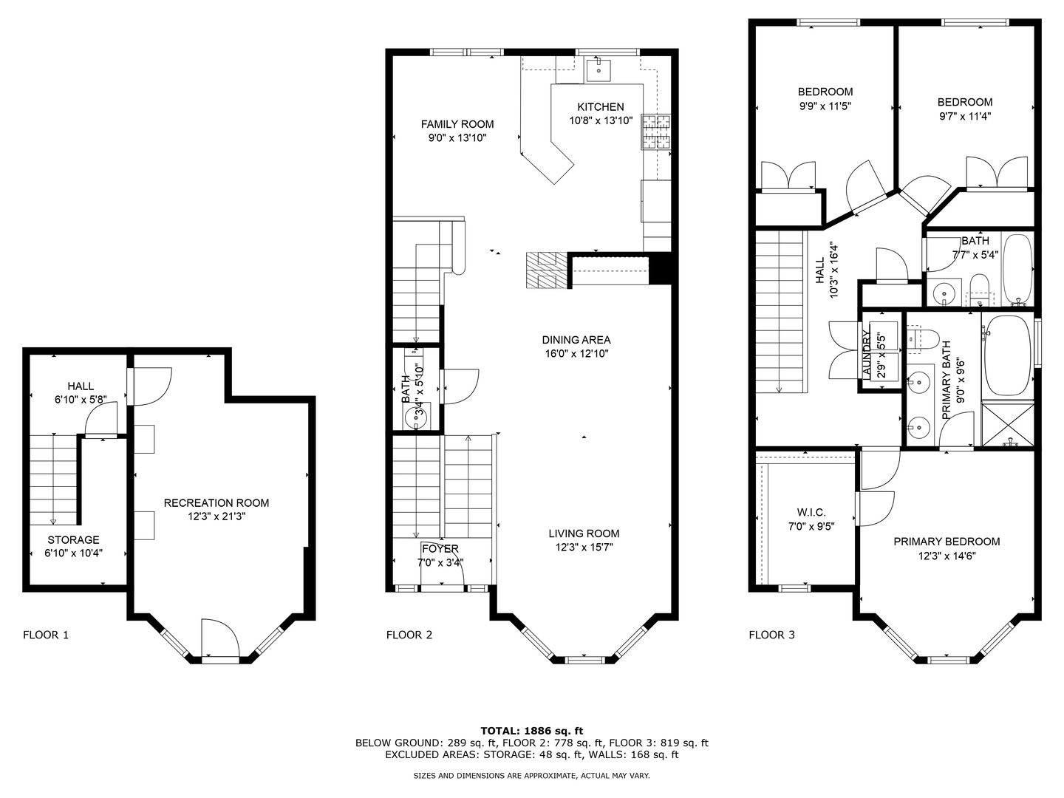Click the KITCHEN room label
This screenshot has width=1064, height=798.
coord(600,106)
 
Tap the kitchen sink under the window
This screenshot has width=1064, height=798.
coord(598,71)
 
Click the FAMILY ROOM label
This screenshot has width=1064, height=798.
coord(457,124)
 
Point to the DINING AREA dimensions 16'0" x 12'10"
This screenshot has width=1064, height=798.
coord(576,354)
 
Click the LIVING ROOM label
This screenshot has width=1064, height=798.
coord(584,533)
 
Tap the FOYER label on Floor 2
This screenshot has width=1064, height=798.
coord(440,548)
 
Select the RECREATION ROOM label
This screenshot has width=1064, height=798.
coord(216,503)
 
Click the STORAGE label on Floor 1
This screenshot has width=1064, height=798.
coord(73,540)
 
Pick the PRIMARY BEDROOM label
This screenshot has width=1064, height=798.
coord(947,542)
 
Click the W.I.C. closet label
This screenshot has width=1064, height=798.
coord(811,513)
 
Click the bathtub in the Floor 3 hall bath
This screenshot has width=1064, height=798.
coord(1018,270)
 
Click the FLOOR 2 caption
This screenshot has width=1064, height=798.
coord(409,635)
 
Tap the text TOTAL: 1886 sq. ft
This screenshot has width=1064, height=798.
coord(531,730)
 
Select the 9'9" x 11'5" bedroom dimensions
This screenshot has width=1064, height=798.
coord(825,106)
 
